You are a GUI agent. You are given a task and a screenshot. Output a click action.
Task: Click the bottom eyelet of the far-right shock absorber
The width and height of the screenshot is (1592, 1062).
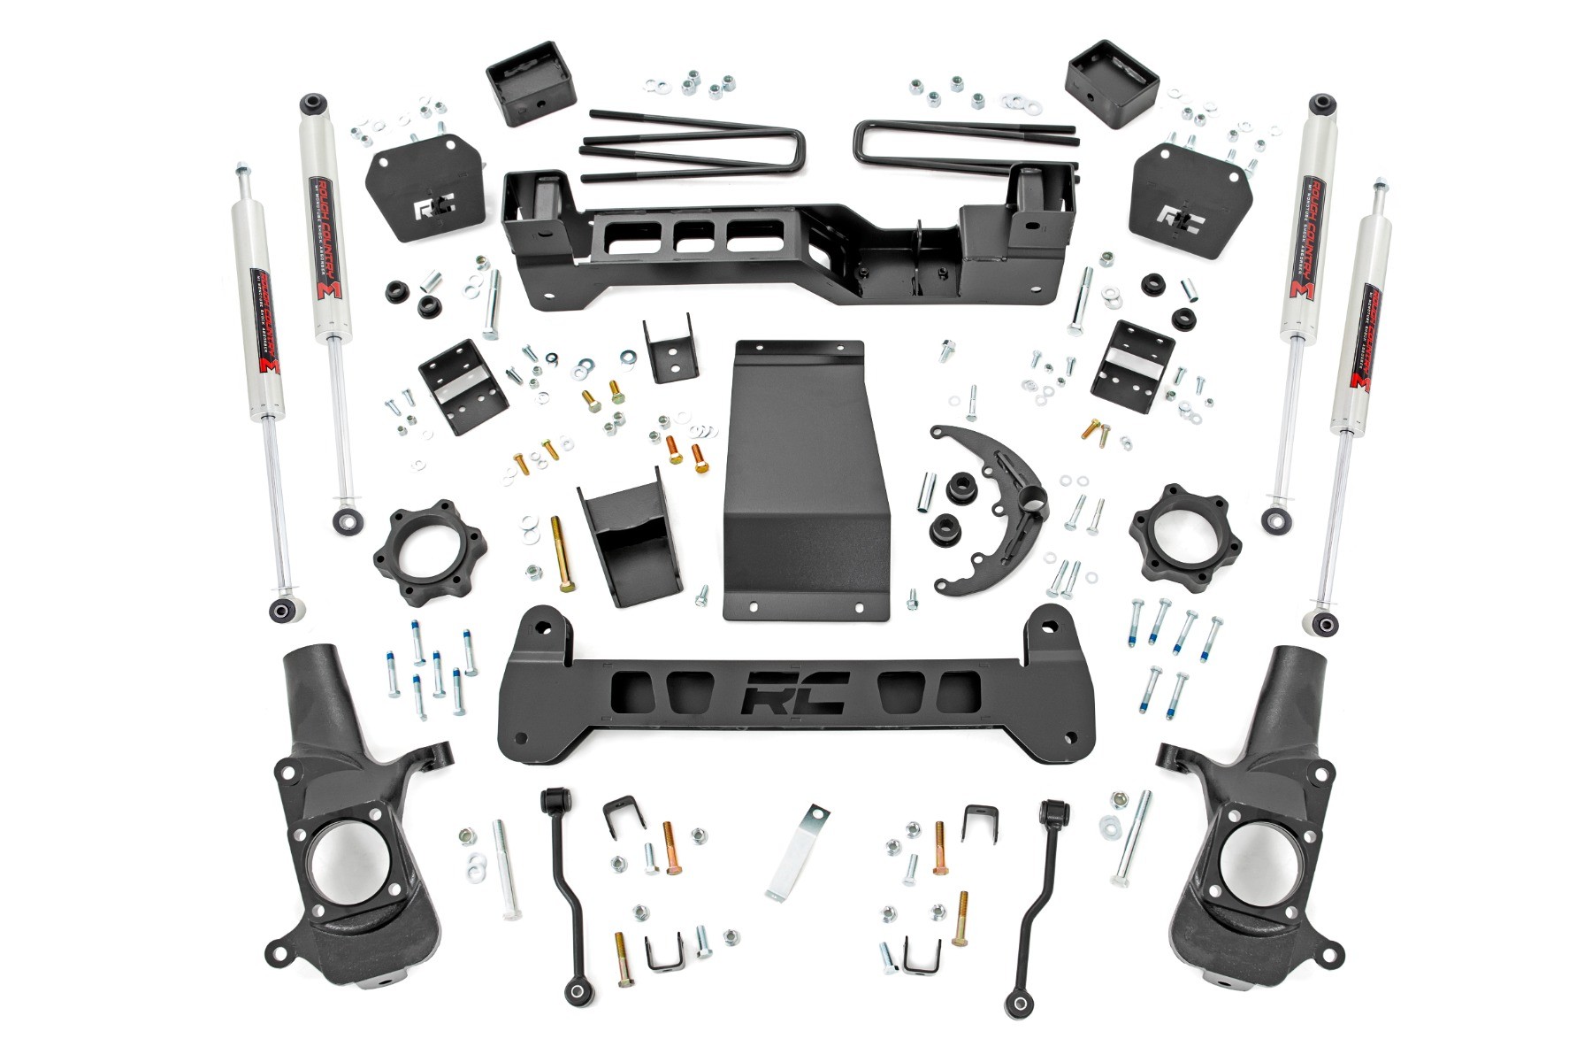[1324, 622]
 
